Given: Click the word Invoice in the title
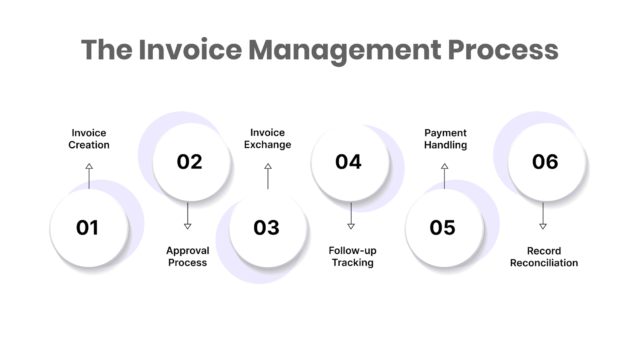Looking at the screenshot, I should (x=190, y=50).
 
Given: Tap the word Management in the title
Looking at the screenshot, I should (x=344, y=51).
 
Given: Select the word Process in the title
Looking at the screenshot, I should (x=503, y=50).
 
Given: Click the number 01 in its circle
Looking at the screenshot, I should (x=87, y=228).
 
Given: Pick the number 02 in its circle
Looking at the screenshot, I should (x=190, y=162).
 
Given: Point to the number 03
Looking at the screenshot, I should (x=266, y=228).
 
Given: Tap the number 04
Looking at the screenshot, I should (x=348, y=162).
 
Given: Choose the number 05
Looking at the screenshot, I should (x=442, y=228).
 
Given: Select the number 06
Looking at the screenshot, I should (x=545, y=162).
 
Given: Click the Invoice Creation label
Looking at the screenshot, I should (x=89, y=139).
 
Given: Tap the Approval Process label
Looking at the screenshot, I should (x=188, y=256).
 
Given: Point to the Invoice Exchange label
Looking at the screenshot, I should (x=268, y=138).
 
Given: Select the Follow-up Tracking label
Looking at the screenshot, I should (x=352, y=256).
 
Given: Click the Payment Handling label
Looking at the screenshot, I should (x=446, y=139).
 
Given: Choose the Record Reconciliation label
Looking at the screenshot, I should (x=544, y=257).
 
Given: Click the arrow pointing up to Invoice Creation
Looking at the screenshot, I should (x=89, y=176).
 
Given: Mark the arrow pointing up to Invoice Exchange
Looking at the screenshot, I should (x=268, y=176).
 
